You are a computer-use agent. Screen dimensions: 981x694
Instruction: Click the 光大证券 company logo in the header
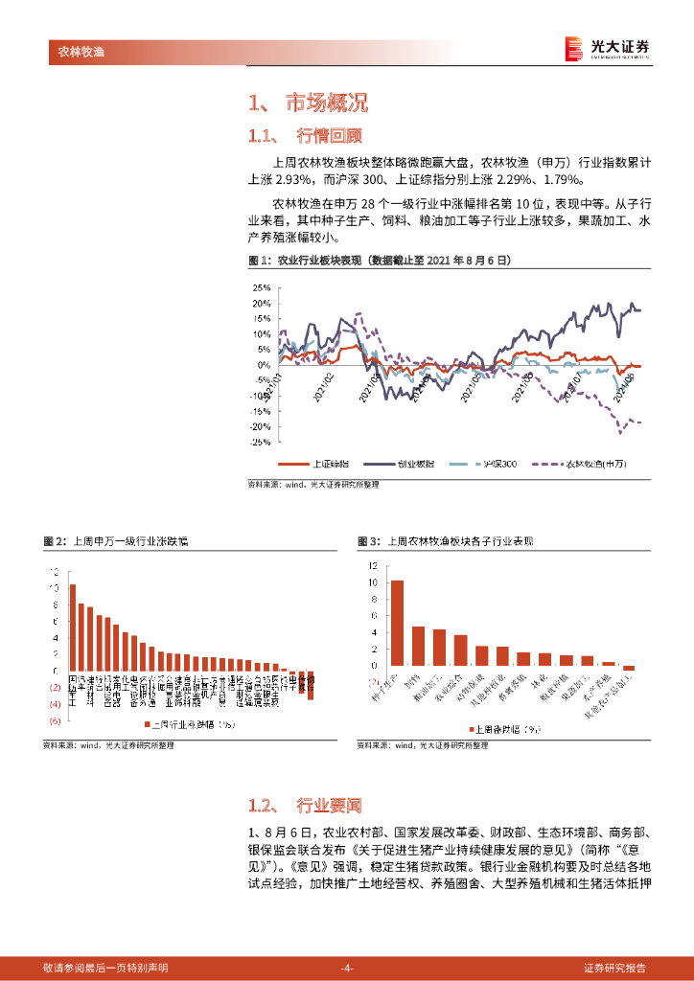pos(606,47)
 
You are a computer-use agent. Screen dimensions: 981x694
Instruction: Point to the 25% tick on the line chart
pos(260,287)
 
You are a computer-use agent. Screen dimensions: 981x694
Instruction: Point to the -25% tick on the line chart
pos(259,442)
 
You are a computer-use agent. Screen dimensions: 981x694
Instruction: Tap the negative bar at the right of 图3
pos(629,668)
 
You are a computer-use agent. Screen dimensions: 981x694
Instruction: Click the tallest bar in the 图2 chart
pos(72,627)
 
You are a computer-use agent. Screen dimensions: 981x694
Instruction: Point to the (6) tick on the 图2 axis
pos(56,720)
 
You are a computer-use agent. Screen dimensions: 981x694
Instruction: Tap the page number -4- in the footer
pos(347,968)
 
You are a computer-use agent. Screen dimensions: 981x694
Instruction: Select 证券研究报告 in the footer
pos(614,968)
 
